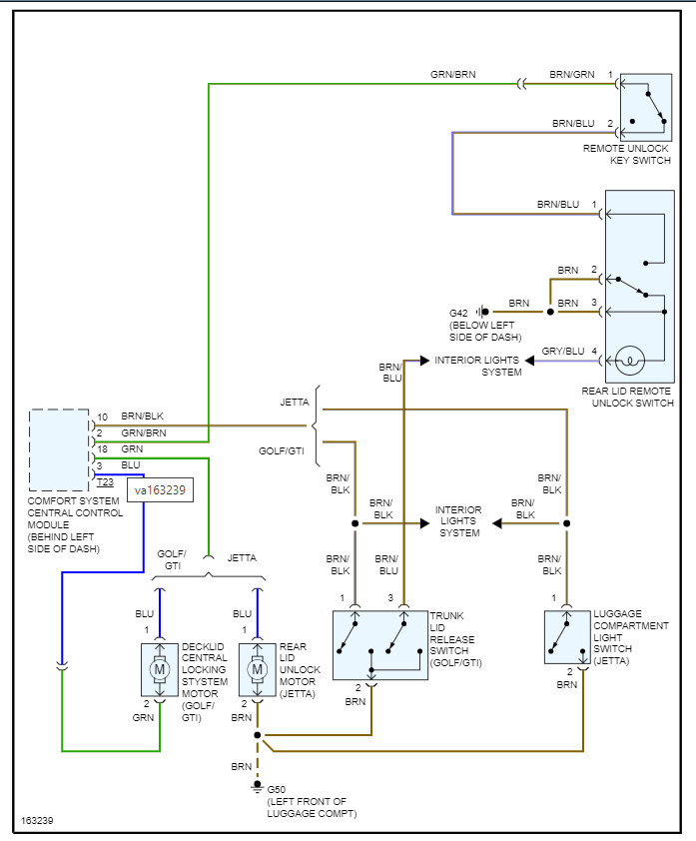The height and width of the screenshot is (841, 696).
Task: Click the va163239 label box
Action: (x=160, y=489)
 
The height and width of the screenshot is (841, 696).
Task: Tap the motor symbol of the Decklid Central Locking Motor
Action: (x=159, y=669)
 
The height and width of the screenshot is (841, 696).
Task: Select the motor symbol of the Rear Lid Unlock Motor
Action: (x=258, y=669)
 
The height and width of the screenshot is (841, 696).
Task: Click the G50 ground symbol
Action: (x=258, y=786)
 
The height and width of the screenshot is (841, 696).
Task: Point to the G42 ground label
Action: (x=458, y=314)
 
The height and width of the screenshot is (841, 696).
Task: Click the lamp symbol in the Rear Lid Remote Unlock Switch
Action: (x=630, y=360)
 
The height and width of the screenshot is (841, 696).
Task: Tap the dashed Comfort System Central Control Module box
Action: (x=59, y=450)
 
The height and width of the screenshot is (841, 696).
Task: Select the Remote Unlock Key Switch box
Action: (x=646, y=107)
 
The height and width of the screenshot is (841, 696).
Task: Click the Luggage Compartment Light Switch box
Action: (x=567, y=637)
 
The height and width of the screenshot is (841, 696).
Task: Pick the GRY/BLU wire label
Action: (x=563, y=352)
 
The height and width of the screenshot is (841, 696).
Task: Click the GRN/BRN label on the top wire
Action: (x=453, y=75)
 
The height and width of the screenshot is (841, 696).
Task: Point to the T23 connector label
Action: (x=105, y=482)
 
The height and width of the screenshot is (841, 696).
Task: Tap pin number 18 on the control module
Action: (x=102, y=448)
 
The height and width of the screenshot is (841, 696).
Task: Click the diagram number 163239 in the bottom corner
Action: (x=37, y=821)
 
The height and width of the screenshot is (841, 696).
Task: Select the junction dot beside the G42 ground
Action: (x=550, y=312)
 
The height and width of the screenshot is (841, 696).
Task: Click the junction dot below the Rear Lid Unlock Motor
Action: (x=258, y=735)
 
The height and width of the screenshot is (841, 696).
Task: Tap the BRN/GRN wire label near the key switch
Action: (x=572, y=75)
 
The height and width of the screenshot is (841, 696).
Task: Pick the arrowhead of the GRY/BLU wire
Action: (x=529, y=361)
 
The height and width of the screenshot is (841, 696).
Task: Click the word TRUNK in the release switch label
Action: (x=446, y=615)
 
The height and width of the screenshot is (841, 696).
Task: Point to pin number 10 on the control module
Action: (x=102, y=417)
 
